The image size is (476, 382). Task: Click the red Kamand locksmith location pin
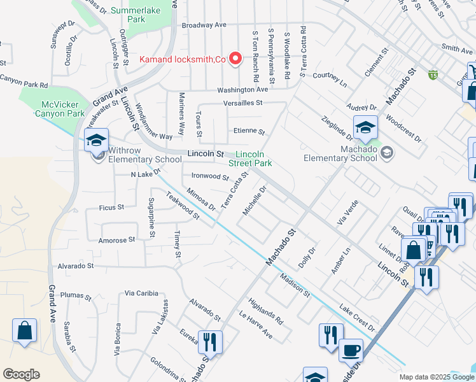(x=235, y=59)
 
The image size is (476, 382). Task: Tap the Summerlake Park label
(x=127, y=15)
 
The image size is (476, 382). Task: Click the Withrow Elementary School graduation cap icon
(x=96, y=140)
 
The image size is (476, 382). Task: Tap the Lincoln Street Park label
(x=254, y=159)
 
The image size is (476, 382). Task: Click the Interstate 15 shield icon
(x=433, y=75)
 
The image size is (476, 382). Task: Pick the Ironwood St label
(x=210, y=176)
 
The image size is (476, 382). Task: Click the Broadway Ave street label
(x=204, y=25)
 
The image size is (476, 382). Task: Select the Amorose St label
(x=117, y=240)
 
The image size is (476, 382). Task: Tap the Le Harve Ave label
(x=256, y=325)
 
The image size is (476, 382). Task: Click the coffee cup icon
(x=351, y=350)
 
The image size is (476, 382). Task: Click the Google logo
(x=21, y=374)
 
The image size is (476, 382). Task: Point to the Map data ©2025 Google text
(x=436, y=376)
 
